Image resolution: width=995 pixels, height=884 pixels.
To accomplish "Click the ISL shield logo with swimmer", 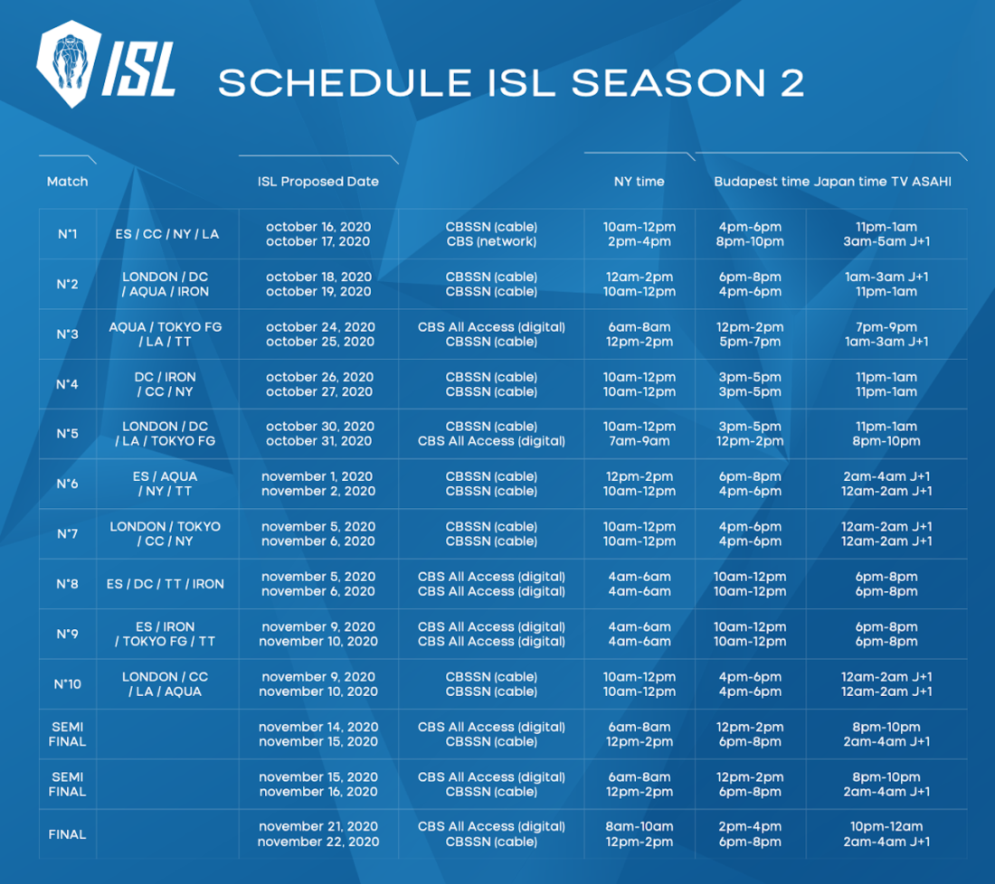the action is (69, 63).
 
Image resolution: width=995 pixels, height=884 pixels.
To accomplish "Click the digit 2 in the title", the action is (792, 83).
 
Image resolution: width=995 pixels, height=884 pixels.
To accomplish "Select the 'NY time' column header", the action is (639, 182).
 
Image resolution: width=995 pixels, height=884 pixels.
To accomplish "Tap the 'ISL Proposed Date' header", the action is (317, 182).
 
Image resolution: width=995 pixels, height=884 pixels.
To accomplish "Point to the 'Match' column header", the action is (67, 182).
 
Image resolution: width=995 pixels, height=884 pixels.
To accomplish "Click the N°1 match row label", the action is (67, 234).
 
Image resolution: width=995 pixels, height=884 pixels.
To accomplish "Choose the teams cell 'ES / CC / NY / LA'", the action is (167, 234).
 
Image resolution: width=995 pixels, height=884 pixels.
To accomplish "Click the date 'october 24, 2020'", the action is (320, 327).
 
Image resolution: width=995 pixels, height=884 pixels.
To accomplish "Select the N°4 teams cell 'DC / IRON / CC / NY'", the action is (165, 384).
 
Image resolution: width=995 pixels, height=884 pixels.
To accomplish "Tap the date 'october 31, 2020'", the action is (318, 441).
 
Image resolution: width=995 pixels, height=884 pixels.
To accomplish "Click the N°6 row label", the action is (67, 484).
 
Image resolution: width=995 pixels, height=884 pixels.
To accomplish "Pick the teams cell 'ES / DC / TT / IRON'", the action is (165, 584).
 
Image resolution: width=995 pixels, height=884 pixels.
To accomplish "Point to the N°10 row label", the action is (67, 684).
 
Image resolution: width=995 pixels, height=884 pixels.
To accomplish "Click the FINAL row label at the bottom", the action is (67, 834).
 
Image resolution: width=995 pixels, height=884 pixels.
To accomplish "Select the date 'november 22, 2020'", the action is (318, 842).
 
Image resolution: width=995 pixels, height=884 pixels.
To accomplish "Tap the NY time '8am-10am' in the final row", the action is (639, 827).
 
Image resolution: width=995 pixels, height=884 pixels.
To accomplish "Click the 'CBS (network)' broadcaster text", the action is (491, 241).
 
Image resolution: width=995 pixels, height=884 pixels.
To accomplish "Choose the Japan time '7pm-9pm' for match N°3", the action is (886, 327).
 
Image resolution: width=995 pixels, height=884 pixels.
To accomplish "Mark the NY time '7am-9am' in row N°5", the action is (639, 441).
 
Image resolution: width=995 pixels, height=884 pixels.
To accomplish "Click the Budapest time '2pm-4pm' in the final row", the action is (750, 827).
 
